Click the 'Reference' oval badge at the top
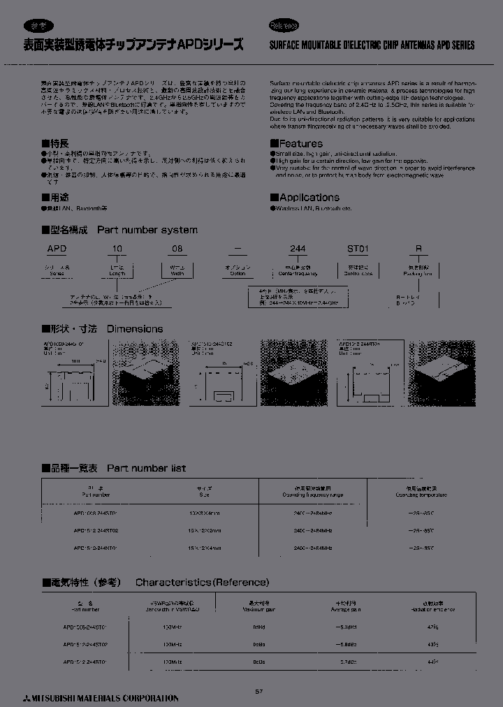click(284, 26)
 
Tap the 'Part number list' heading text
click(146, 468)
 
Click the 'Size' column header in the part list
click(204, 494)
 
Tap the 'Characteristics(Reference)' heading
click(202, 582)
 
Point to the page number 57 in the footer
click(258, 692)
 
